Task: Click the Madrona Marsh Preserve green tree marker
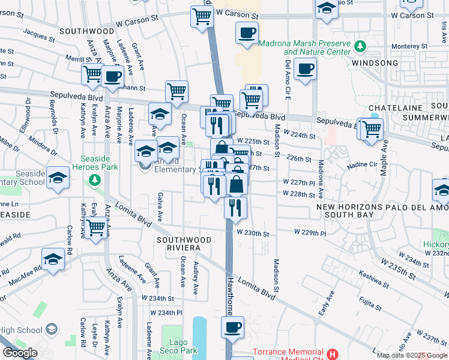360,46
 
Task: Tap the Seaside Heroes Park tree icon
94,179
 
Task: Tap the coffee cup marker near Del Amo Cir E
305,69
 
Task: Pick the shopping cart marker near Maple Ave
372,128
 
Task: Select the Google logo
20,353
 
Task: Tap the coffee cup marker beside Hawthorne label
232,328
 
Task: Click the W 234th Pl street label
166,313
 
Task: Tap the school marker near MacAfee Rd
53,260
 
